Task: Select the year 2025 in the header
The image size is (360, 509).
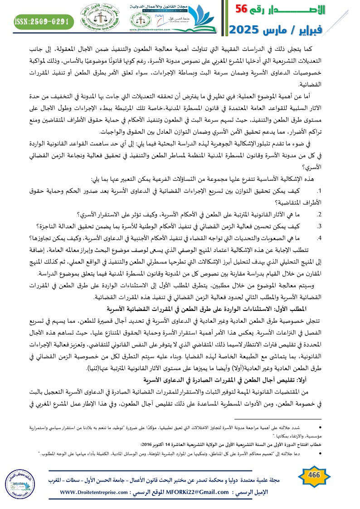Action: pos(248,30)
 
